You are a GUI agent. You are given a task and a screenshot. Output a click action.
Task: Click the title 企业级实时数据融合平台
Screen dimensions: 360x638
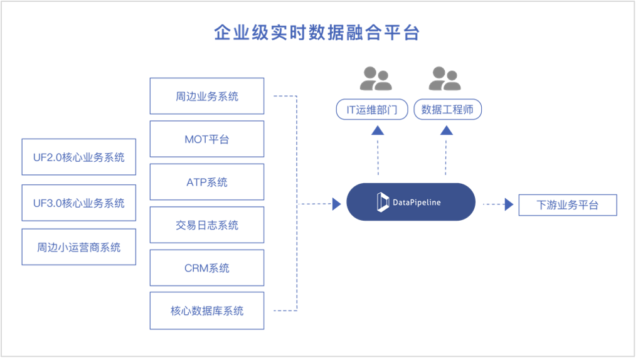coord(316,33)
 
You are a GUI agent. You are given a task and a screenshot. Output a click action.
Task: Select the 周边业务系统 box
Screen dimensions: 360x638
coord(207,97)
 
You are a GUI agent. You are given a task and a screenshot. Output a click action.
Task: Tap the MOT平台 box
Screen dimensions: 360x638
coord(207,139)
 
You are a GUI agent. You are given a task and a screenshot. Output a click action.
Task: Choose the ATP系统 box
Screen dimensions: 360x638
coord(207,182)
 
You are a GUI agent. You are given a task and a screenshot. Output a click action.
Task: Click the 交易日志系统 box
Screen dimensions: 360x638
coord(207,225)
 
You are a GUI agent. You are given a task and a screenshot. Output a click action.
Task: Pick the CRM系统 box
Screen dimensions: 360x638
coord(207,268)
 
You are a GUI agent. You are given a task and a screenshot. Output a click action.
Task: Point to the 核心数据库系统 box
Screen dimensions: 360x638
coord(207,310)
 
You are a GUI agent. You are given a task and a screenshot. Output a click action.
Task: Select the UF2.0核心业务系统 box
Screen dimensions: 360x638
coord(78,157)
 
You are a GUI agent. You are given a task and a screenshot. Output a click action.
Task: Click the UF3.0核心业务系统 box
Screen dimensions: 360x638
coord(78,203)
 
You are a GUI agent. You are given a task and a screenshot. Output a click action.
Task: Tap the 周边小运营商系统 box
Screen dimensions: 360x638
coord(78,246)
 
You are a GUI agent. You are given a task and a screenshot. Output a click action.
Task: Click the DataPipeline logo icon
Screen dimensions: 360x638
coord(383,202)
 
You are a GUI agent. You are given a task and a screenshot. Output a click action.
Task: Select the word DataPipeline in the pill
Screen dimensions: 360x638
coord(417,203)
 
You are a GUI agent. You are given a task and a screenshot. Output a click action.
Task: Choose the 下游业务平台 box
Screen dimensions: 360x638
coord(568,205)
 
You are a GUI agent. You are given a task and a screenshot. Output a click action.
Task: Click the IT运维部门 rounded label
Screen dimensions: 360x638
coord(371,110)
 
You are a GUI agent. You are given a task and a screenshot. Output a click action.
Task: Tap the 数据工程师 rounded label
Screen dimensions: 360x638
coord(447,110)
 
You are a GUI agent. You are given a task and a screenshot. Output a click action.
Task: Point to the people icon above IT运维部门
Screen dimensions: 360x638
coord(375,78)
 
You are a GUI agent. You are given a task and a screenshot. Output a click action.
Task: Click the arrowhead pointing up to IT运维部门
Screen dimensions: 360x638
coord(377,130)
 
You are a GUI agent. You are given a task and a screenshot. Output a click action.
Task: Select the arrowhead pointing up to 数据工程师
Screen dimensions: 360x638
coord(446,130)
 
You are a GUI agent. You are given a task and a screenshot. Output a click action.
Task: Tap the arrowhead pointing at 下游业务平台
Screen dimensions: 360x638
coord(509,204)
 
